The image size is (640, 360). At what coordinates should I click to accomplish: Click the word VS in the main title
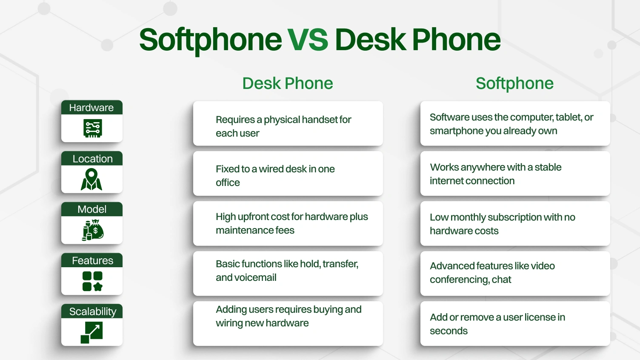(308, 40)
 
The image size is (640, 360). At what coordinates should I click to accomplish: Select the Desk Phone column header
(288, 83)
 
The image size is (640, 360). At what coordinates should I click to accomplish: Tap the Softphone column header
(514, 83)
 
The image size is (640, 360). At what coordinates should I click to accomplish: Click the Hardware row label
(91, 108)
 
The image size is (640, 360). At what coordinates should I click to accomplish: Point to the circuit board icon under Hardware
(92, 128)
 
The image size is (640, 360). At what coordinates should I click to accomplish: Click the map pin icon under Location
(91, 179)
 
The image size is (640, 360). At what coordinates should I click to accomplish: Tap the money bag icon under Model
(93, 230)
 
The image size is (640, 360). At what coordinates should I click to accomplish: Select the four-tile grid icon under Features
(92, 281)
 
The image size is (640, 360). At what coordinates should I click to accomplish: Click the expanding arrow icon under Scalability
(92, 332)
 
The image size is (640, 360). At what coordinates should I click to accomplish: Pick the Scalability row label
(92, 311)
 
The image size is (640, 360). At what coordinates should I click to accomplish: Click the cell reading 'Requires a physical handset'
(288, 124)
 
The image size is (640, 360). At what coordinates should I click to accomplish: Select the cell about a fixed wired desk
(288, 174)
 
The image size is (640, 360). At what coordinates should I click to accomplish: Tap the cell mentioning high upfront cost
(288, 223)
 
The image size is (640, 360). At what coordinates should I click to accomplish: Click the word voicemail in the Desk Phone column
(254, 278)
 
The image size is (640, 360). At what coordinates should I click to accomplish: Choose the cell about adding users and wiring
(288, 323)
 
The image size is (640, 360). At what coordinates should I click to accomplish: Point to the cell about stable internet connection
(515, 174)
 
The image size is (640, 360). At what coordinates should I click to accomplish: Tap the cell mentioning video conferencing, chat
(515, 273)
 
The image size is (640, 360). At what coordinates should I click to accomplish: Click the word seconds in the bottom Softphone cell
(449, 331)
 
